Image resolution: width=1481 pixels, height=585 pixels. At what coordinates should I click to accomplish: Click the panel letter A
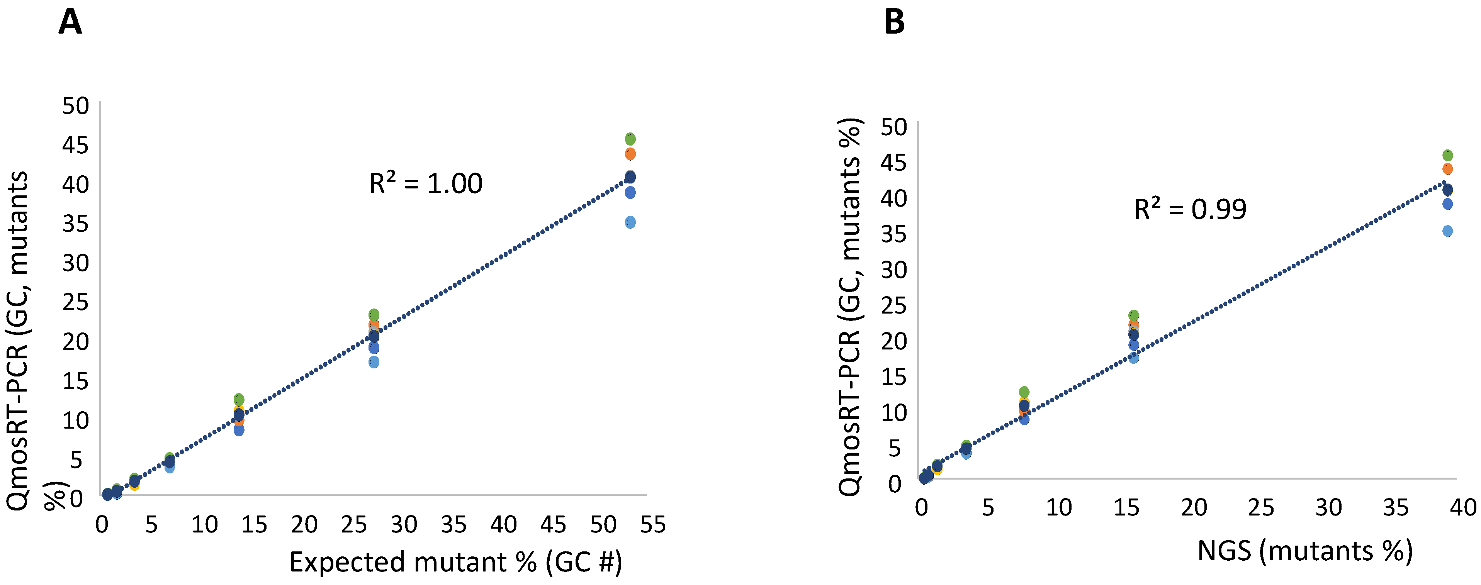point(70,23)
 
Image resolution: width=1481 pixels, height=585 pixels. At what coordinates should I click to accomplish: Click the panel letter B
point(894,23)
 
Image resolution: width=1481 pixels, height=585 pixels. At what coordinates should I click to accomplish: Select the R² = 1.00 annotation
point(425,184)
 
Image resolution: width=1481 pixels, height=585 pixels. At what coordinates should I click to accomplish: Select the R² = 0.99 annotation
point(1190,209)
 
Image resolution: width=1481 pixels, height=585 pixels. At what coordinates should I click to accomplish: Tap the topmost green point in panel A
point(630,139)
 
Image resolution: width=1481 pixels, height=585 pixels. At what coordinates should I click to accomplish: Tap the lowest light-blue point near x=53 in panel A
point(630,222)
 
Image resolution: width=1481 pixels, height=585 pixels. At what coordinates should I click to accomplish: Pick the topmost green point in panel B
point(1448,155)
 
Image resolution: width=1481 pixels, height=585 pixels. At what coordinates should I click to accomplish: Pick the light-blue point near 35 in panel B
point(1448,231)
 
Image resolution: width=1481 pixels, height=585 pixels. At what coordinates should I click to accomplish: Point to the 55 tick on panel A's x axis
point(653,525)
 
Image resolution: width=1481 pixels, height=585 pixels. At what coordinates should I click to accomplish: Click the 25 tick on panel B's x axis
point(1261,507)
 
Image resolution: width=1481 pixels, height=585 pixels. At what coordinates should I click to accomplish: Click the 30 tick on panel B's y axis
point(894,270)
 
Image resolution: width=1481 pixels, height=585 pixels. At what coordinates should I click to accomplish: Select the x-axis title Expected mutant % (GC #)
point(455,562)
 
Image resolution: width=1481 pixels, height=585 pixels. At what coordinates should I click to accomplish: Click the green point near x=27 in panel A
point(374,314)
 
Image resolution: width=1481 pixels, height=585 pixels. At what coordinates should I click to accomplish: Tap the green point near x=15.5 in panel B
point(1134,315)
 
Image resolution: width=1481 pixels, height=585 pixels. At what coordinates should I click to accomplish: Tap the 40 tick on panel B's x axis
point(1463,507)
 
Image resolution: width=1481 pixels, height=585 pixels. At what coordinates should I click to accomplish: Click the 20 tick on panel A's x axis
point(304,525)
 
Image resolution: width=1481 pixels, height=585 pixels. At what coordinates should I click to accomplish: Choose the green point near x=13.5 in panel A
point(239,399)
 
